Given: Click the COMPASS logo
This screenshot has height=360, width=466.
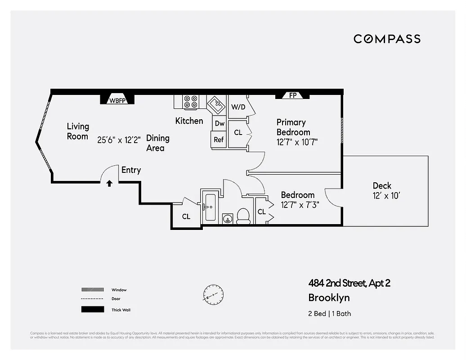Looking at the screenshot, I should (387, 39).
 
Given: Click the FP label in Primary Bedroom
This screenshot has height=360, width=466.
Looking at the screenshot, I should (293, 96).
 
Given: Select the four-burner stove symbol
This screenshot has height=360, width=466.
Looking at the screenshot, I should (191, 102).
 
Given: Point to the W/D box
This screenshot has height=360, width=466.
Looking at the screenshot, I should (238, 107).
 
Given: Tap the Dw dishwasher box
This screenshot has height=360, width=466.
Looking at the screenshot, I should (219, 123).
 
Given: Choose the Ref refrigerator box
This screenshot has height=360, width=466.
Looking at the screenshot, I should (219, 139).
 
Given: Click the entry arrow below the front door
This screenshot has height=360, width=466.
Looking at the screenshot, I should (109, 183).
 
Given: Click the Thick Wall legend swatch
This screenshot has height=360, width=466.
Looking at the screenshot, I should (92, 310).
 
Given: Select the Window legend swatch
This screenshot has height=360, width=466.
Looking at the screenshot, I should (92, 290).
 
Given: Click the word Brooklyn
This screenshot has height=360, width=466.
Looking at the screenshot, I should (329, 297).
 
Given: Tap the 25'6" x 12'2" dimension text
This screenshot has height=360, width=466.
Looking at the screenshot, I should (119, 139).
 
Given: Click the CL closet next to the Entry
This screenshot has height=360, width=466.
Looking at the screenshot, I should (186, 216).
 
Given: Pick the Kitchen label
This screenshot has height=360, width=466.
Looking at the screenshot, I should (189, 121).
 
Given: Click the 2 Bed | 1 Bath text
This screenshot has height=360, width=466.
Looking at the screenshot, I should (329, 314).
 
